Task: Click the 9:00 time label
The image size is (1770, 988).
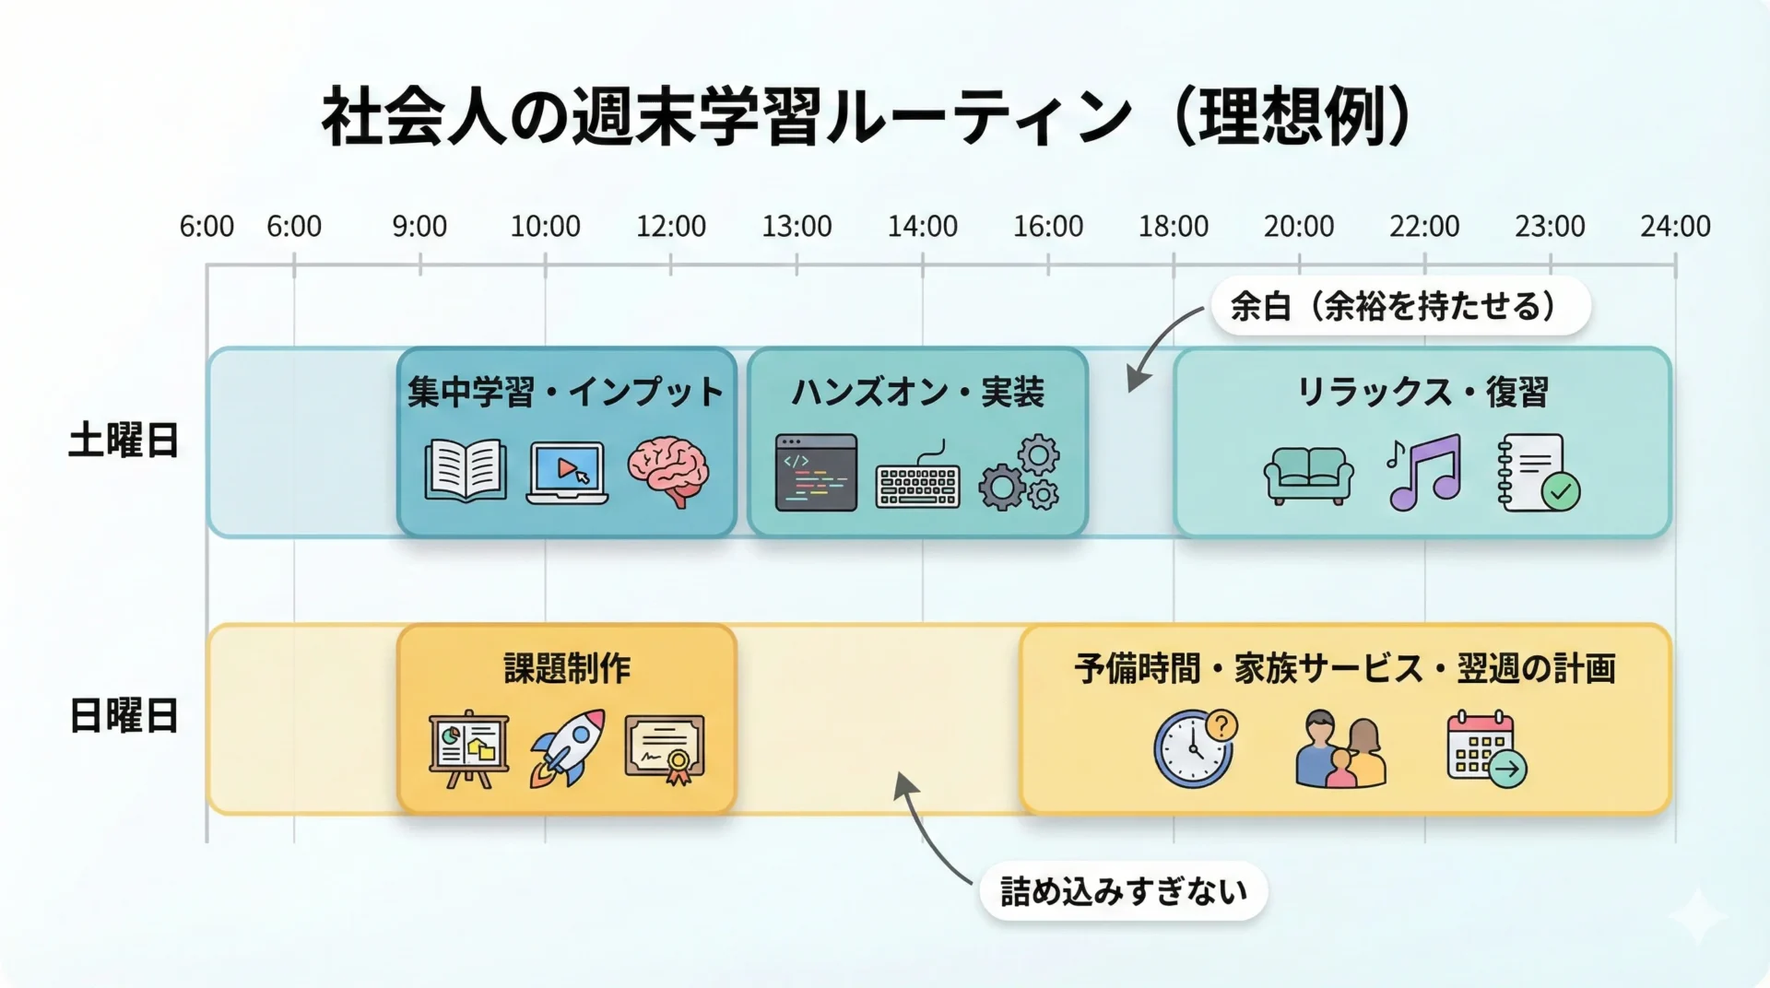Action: pos(419,226)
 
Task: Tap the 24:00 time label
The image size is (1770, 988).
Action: pos(1674,226)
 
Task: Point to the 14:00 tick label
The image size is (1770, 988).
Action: pos(922,226)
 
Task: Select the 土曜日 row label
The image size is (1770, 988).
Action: pos(124,441)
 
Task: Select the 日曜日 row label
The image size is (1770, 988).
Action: pos(124,716)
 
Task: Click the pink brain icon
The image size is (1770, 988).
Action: pos(668,472)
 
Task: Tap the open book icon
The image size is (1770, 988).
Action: pos(466,471)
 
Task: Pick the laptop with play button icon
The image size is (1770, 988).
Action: pos(567,473)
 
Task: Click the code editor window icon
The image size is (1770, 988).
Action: pos(816,473)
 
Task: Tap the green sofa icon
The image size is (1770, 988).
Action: pos(1308,475)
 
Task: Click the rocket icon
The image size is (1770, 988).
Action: pos(567,747)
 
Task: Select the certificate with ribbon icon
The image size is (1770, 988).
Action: pos(665,748)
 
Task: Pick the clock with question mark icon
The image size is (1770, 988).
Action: pos(1196,747)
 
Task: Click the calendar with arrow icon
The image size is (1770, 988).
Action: pos(1485,748)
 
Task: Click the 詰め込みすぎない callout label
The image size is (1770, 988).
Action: pos(1124,891)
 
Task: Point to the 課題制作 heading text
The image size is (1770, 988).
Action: pos(567,668)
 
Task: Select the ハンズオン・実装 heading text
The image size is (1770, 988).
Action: pos(917,393)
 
